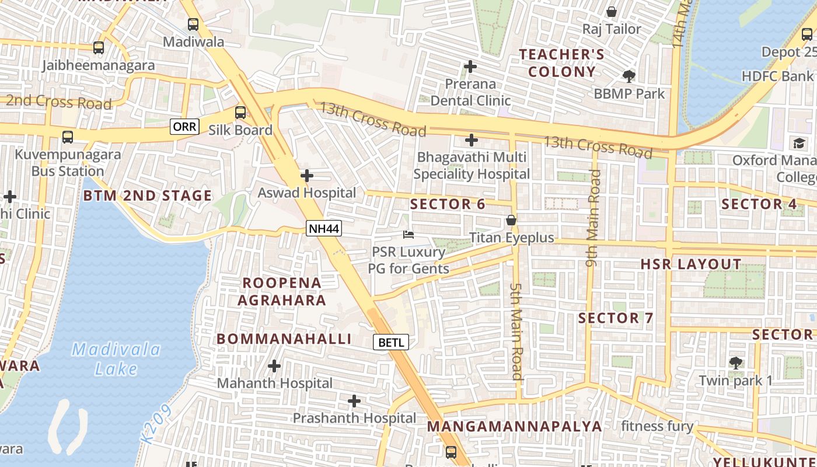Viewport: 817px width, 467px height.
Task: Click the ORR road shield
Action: pos(184,126)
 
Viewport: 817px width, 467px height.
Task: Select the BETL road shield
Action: pos(391,342)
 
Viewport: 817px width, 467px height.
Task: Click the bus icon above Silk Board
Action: pos(240,113)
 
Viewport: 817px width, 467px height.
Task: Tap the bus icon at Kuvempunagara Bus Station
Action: pos(68,137)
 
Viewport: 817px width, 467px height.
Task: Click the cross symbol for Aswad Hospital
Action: pos(306,175)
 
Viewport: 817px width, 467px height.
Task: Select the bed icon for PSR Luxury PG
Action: pos(408,235)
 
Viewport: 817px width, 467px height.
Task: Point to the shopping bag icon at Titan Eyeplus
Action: pos(511,221)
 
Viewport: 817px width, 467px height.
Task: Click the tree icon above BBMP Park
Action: pos(629,76)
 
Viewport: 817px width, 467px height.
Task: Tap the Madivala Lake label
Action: pos(116,359)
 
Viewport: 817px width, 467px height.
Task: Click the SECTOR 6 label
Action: pos(448,204)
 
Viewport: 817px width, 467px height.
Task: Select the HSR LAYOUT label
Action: pos(691,264)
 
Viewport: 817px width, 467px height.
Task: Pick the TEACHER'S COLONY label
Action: pos(561,63)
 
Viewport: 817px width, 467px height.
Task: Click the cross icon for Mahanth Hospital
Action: pos(274,367)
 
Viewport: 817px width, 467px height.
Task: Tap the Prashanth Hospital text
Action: pos(354,418)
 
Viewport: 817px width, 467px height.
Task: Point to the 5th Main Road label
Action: pos(516,332)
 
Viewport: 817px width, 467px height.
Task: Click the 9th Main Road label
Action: pos(593,218)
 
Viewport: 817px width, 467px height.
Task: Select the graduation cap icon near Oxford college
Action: pos(798,143)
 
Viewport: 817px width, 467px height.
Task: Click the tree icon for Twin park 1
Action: pos(736,363)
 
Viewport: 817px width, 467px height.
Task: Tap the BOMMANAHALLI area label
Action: pos(284,339)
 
